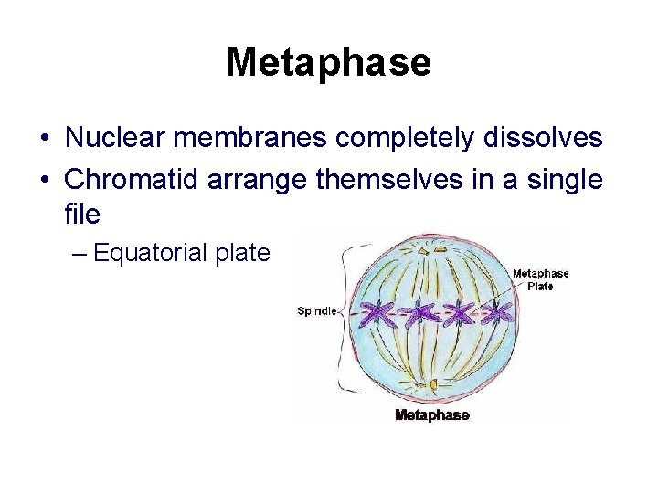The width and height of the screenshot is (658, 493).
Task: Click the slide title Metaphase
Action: coord(328,62)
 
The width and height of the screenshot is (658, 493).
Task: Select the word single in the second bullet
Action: coord(564,180)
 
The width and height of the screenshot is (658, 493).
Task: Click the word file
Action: coord(82,215)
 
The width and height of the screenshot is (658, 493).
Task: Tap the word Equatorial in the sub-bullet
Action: coord(149,253)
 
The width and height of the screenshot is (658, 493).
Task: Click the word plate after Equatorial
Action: coord(242,253)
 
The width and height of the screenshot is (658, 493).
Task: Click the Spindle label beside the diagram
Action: coord(316,311)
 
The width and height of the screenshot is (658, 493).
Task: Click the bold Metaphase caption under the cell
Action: coord(431,415)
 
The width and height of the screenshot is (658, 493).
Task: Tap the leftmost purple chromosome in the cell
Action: coord(376,315)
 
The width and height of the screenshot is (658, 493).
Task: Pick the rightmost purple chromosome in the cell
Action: coord(496,313)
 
